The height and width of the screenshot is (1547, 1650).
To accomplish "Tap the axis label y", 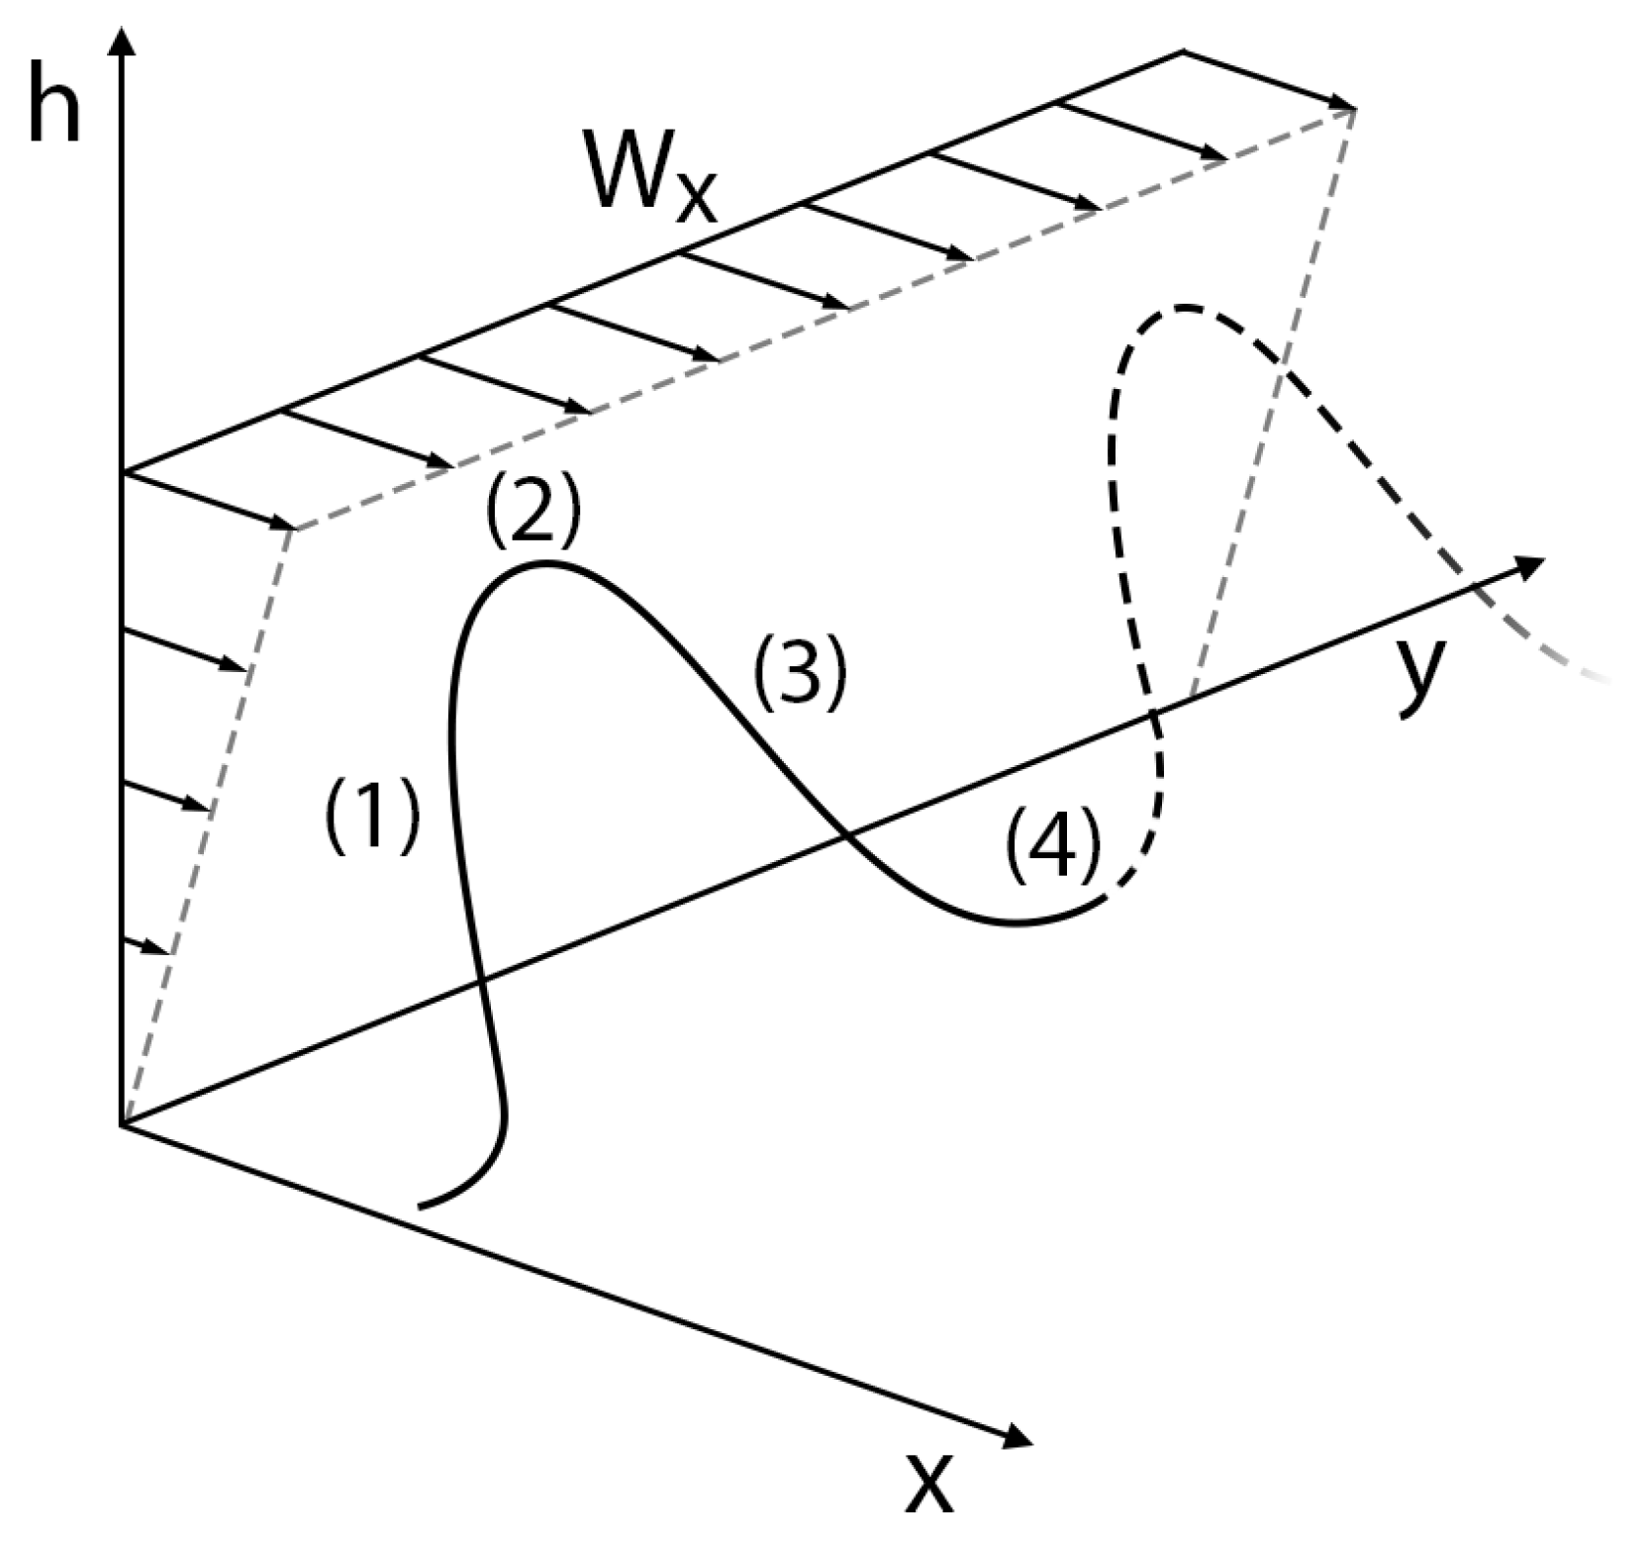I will click(1423, 675).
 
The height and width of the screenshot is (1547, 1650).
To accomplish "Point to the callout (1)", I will click(372, 814).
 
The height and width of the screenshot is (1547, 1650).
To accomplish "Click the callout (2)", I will click(533, 515).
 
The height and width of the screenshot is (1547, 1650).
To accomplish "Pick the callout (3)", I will click(799, 671).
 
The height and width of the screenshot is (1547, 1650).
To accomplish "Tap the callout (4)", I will click(1052, 842).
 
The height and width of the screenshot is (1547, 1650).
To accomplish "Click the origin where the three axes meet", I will click(122, 1124).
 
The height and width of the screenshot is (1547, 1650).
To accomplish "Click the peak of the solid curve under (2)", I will click(542, 564).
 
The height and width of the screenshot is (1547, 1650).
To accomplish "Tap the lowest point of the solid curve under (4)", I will click(1015, 923).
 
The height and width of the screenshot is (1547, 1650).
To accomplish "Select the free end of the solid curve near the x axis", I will click(422, 1206).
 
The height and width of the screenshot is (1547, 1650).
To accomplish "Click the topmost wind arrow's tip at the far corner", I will click(1350, 106).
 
